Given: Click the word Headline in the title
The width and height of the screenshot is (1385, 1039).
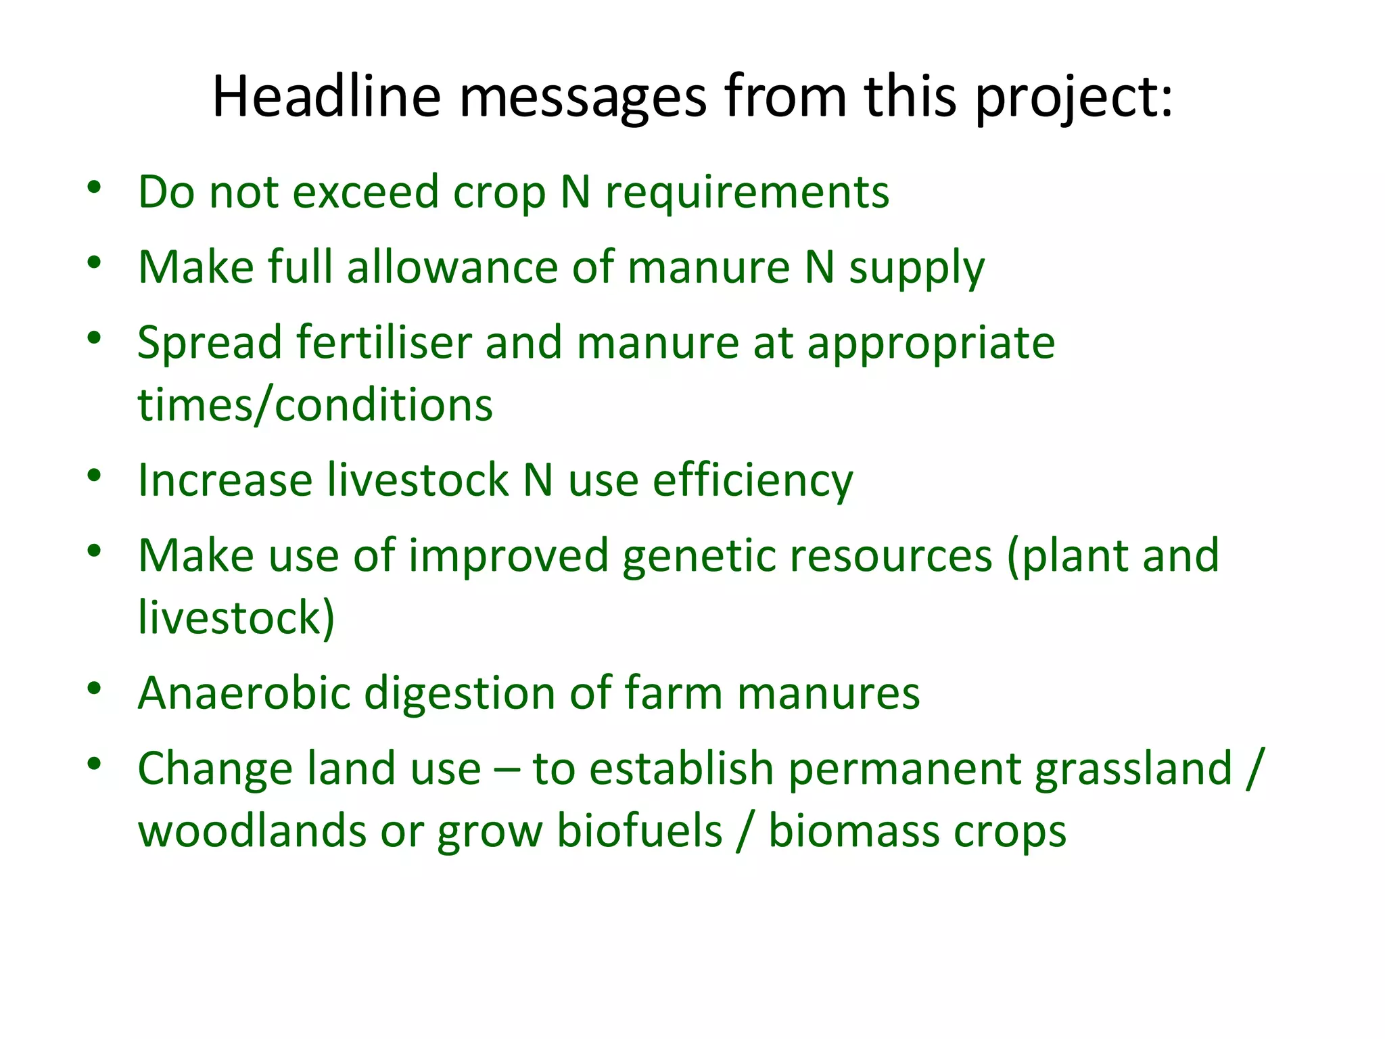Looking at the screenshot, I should (x=326, y=97).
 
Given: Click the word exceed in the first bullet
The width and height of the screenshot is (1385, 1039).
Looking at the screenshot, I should (x=365, y=192).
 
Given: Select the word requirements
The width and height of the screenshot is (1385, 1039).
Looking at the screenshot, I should (x=747, y=192).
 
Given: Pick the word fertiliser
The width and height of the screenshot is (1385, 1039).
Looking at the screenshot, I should (x=383, y=342).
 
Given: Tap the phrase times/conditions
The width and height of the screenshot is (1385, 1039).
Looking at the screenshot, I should (x=315, y=405).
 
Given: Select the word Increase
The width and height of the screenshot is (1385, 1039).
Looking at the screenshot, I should (x=225, y=481).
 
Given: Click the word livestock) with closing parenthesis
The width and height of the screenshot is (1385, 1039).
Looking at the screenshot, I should (x=236, y=618).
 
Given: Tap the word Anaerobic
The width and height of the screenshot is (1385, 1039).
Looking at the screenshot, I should (x=244, y=693).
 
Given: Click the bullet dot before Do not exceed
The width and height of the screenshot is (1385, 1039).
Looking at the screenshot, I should (x=94, y=187).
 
